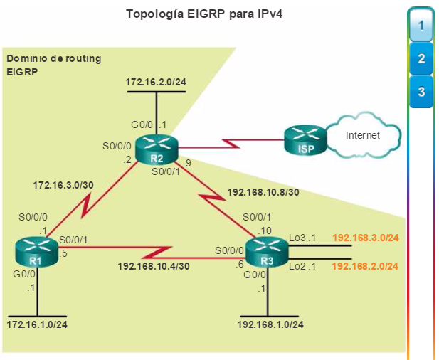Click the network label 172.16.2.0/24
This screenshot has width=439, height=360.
tap(156, 82)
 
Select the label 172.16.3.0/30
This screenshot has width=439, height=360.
tap(63, 185)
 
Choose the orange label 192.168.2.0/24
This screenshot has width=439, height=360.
tap(365, 266)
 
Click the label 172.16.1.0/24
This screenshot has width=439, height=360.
tap(37, 324)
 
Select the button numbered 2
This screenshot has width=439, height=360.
tap(421, 59)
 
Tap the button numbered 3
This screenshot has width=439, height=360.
tap(421, 92)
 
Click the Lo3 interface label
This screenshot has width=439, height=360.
tap(299, 238)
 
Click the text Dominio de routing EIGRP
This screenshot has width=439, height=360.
tap(53, 64)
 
